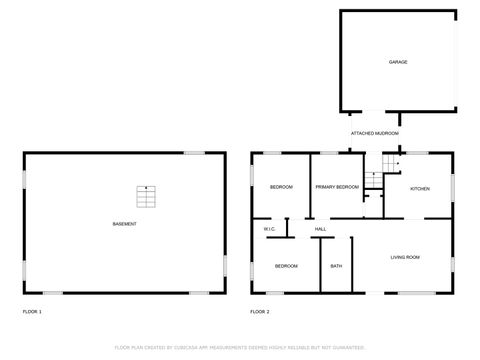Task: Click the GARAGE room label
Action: (x=398, y=62)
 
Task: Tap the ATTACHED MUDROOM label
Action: (x=375, y=133)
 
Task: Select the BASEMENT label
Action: (x=125, y=223)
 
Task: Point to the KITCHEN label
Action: (x=420, y=188)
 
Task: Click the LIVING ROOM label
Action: (x=404, y=258)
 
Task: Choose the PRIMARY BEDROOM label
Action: (x=337, y=188)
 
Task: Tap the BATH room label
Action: (x=336, y=266)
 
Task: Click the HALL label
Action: (x=321, y=230)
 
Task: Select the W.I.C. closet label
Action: (x=270, y=230)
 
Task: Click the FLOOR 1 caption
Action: (x=32, y=313)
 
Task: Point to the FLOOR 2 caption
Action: (x=259, y=313)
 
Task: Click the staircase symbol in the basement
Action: (x=147, y=196)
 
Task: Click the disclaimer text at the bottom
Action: (x=240, y=347)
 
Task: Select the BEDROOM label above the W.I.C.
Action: (x=281, y=188)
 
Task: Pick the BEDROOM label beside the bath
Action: (x=286, y=266)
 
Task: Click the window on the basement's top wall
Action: (x=194, y=153)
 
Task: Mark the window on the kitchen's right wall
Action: (x=453, y=187)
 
